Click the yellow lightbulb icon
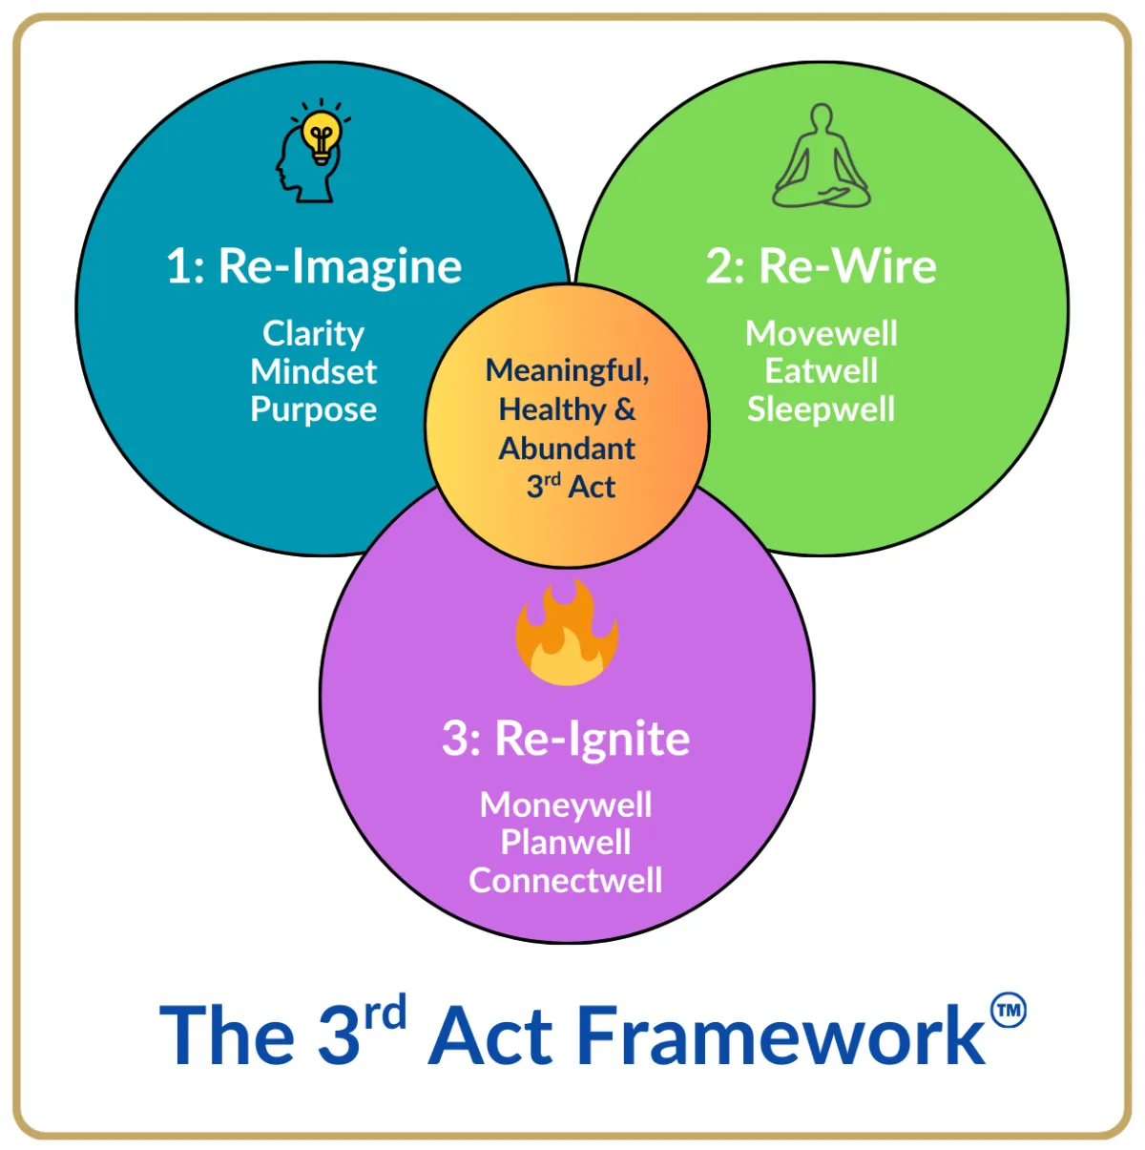click(322, 136)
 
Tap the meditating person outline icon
click(821, 156)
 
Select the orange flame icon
click(566, 633)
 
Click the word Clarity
click(313, 334)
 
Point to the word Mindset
click(313, 372)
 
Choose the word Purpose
click(313, 410)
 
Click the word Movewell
click(821, 333)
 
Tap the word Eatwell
click(821, 371)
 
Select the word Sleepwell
click(821, 410)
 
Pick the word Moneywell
click(566, 805)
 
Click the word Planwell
click(566, 842)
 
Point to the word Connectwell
click(566, 880)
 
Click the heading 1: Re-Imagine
click(314, 267)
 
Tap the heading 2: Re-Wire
click(821, 265)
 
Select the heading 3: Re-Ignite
click(566, 740)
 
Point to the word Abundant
click(567, 449)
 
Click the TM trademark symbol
click(1009, 1011)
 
